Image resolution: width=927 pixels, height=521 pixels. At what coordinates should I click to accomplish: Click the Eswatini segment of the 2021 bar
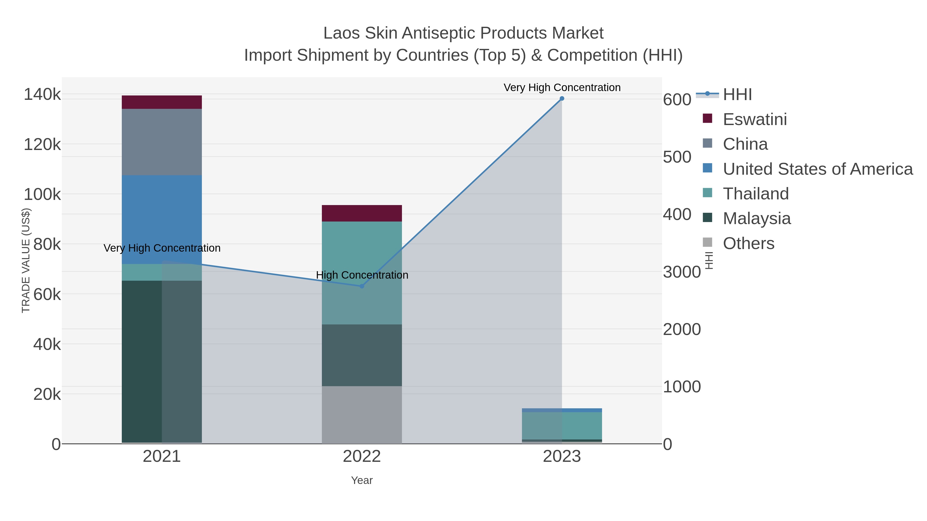click(161, 102)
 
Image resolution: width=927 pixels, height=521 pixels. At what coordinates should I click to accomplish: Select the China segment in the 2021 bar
click(161, 142)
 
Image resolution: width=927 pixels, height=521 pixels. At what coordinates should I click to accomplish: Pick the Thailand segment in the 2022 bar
click(362, 252)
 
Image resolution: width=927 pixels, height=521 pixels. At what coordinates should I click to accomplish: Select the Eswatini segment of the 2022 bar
click(362, 213)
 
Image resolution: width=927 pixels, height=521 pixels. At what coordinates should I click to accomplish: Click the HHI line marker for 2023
click(562, 99)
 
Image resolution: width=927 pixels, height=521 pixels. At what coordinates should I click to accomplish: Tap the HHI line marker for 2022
click(362, 286)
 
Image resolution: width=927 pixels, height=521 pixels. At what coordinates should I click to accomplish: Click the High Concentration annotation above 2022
click(362, 275)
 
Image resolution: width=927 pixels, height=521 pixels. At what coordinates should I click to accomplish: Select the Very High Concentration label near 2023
click(562, 87)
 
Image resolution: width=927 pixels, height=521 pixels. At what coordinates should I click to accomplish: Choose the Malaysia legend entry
click(757, 219)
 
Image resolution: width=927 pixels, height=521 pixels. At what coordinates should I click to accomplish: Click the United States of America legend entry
click(817, 169)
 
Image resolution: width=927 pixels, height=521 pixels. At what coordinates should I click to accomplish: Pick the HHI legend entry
click(737, 95)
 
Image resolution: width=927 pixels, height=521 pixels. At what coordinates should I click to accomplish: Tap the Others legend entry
click(749, 243)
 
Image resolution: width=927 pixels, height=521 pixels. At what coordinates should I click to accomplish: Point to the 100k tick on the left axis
click(42, 195)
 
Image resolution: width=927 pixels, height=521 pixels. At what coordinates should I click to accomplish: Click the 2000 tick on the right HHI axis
click(682, 329)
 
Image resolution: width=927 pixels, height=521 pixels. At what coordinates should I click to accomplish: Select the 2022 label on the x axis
click(362, 457)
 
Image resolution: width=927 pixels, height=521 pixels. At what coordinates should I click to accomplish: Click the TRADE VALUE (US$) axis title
click(26, 260)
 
